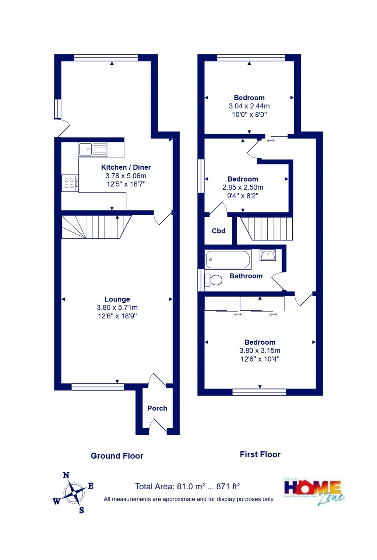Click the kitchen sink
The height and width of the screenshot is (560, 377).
point(92,149)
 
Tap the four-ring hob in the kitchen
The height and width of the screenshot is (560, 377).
point(70,183)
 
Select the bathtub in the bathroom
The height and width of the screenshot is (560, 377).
point(228,260)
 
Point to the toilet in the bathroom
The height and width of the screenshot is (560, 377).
point(214,280)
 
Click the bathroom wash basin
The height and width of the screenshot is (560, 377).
point(268,255)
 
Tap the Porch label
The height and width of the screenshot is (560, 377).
point(157,408)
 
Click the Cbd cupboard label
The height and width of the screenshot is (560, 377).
point(218,231)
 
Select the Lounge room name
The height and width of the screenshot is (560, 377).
point(117,299)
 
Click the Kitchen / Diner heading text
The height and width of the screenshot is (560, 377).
point(126,167)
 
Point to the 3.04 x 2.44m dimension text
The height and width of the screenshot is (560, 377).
point(249,106)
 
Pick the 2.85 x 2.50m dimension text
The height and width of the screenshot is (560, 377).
point(243,187)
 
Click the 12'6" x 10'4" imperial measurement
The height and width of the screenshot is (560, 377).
point(260,359)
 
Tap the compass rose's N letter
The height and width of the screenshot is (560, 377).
point(66,475)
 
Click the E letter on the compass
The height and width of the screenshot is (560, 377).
point(91,486)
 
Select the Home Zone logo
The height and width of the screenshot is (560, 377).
point(314,491)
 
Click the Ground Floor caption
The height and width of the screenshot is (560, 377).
point(117,456)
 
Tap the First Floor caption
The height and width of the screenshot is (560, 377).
point(260,454)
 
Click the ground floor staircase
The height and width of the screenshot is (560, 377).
point(96,227)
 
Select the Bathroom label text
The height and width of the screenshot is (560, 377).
point(246,276)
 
